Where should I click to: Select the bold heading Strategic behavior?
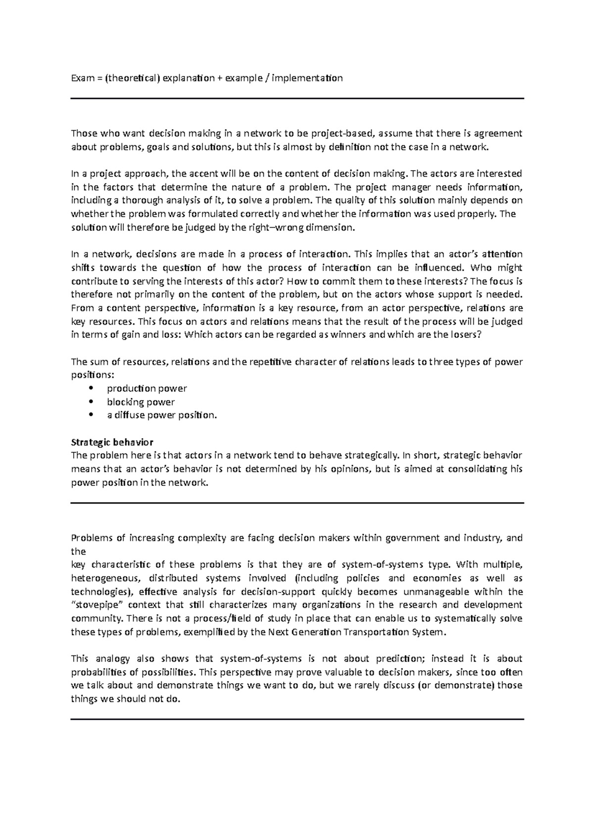pos(112,442)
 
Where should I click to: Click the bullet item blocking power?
pos(141,402)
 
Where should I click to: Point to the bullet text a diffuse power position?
pos(162,415)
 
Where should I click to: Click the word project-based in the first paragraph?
pos(346,133)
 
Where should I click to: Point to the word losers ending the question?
pos(464,334)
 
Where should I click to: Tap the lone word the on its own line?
pos(79,551)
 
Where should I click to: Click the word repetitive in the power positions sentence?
pos(270,362)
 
